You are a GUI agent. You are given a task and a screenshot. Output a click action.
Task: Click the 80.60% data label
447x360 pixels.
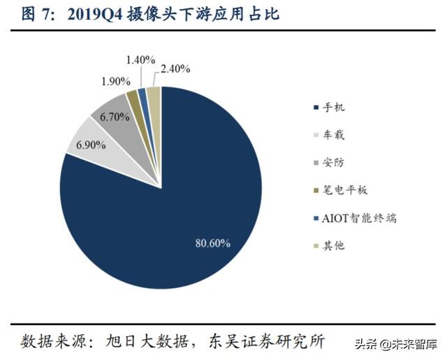point(212,243)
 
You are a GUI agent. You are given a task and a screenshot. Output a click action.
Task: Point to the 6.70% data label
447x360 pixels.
point(115,117)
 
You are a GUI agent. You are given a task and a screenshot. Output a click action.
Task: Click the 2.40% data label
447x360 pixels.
point(177,69)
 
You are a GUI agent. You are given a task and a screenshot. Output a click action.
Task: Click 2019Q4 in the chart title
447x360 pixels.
point(91,14)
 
